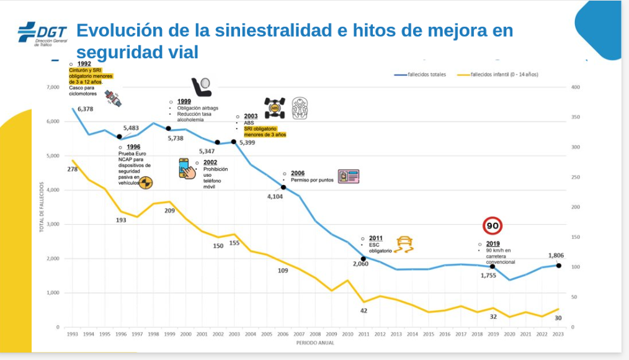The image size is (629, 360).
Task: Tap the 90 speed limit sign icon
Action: click(492, 226)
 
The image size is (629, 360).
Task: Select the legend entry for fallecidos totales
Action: click(421, 74)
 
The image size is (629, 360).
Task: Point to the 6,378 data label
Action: click(86, 109)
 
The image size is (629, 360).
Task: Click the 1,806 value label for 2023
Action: click(556, 255)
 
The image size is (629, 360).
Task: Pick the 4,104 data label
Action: click(275, 197)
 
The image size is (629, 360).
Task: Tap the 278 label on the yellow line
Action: click(73, 169)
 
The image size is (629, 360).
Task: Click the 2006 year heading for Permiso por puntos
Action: click(298, 173)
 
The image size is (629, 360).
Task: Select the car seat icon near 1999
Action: click(201, 88)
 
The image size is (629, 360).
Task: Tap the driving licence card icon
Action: click(349, 177)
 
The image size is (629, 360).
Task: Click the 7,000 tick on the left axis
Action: click(52, 88)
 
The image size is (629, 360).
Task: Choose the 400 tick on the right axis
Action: click(575, 88)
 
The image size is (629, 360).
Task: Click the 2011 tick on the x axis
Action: click(364, 334)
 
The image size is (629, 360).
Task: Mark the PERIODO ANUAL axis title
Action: click(314, 342)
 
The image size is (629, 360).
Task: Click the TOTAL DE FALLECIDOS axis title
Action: click(42, 207)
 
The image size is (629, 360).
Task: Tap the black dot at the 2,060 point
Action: click(364, 259)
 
